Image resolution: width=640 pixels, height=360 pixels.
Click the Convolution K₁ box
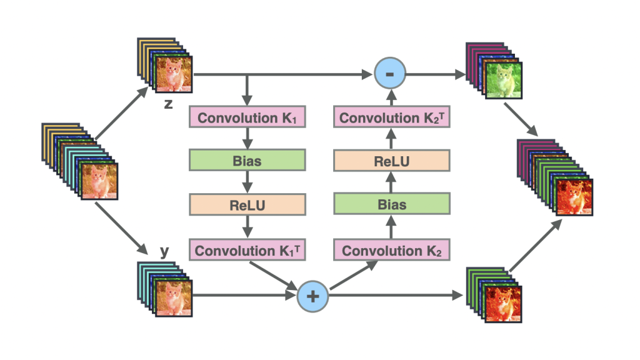point(247,117)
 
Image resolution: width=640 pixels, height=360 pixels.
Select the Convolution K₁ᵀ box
point(247,250)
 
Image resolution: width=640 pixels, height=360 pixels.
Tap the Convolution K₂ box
point(392,250)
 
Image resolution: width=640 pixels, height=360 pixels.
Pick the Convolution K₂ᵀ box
point(392,117)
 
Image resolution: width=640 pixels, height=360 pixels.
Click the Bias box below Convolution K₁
point(247,160)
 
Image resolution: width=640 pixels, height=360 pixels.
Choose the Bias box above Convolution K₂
point(392,204)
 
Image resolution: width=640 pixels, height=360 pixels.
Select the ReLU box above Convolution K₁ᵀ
point(247,204)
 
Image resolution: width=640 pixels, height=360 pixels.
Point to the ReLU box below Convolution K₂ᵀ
point(392,161)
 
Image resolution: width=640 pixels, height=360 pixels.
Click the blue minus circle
point(390,74)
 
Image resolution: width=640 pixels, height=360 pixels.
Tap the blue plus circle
point(312,296)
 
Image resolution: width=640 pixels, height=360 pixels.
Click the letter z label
point(168,104)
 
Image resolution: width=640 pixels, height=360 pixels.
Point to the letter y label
point(164,251)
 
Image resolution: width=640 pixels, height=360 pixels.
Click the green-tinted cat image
point(504,81)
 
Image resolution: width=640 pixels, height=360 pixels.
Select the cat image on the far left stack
point(99,181)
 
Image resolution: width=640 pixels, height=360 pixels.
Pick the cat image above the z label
point(174,75)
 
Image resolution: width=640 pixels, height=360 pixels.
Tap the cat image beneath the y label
point(174,298)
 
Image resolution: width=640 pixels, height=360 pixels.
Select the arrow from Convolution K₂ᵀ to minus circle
point(391,97)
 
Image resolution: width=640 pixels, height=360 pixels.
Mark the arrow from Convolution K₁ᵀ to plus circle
point(274,276)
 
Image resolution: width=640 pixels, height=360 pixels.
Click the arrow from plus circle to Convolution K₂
point(354,275)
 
